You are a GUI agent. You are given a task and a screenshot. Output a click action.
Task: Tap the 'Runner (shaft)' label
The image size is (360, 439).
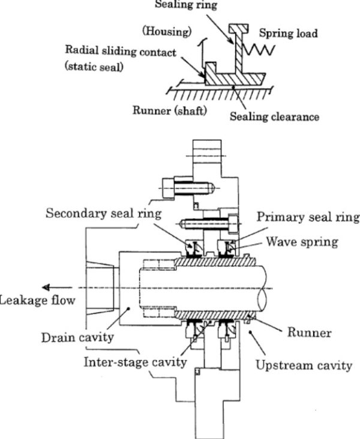point(169,113)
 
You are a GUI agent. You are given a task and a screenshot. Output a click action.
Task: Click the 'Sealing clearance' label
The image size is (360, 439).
point(274,116)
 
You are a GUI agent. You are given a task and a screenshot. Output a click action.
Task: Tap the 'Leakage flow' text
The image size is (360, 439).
point(37,300)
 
